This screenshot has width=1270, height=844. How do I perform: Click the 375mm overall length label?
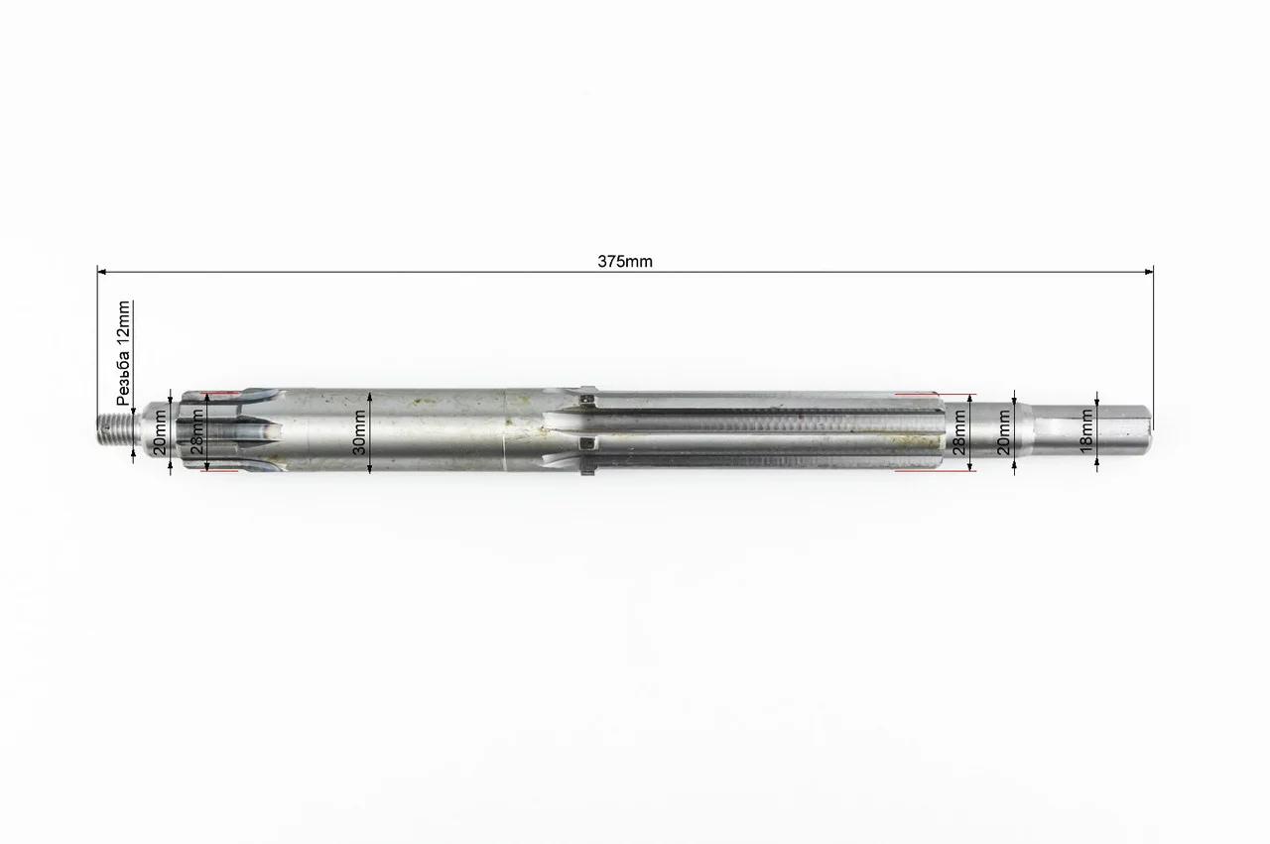click(x=625, y=261)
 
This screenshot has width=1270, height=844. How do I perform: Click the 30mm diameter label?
click(x=359, y=432)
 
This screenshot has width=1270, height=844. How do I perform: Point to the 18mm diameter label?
click(x=1086, y=431)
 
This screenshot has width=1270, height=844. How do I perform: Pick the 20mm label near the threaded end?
click(x=161, y=432)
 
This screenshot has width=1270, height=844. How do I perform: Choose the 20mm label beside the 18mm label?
click(x=1003, y=432)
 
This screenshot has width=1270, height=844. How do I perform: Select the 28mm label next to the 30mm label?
click(x=197, y=432)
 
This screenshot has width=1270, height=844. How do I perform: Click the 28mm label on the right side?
click(x=959, y=432)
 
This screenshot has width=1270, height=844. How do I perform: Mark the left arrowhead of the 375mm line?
click(x=101, y=272)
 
